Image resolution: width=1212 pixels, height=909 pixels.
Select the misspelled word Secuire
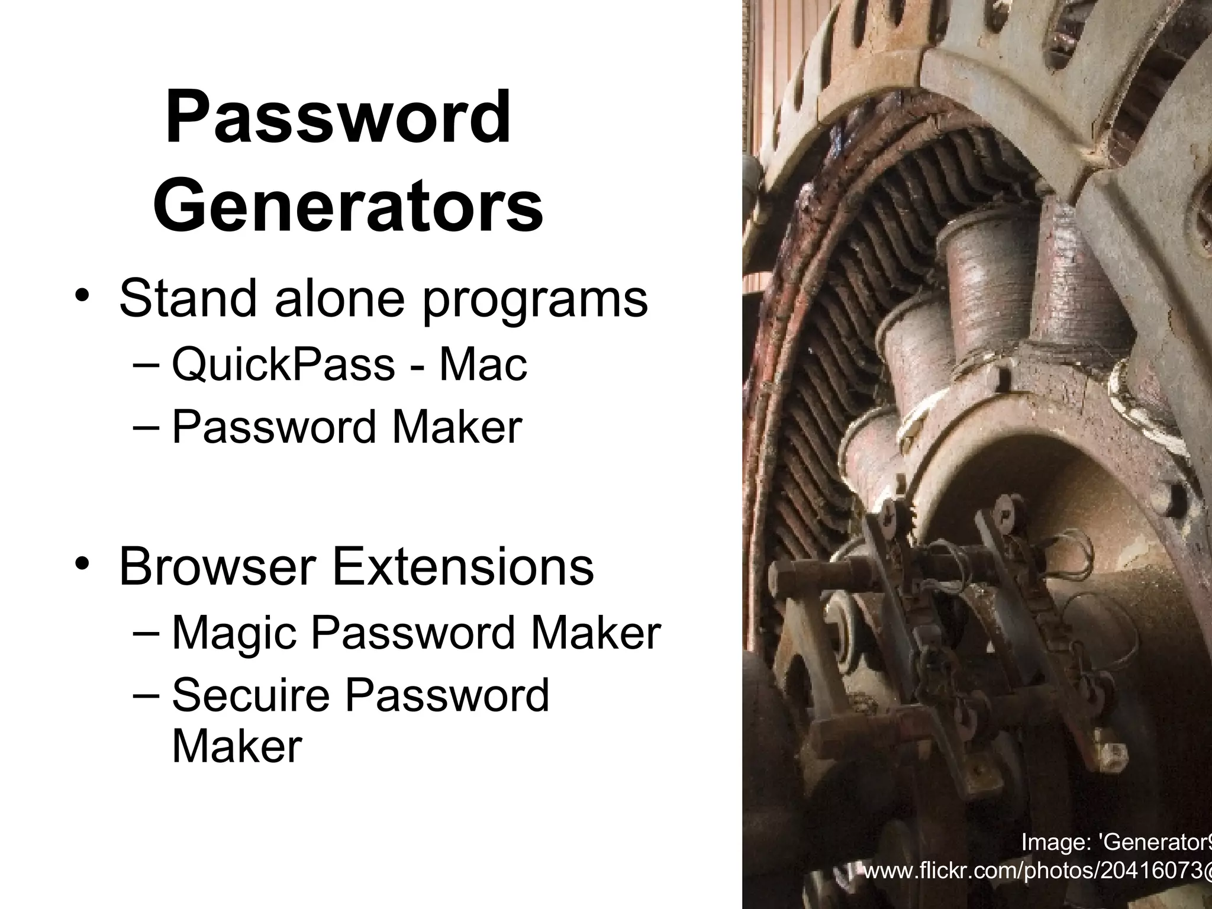[x=250, y=695]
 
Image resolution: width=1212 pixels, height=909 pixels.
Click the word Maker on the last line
[x=237, y=746]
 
